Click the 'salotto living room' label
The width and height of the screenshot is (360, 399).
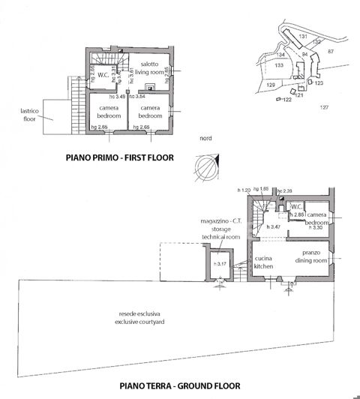click(148, 69)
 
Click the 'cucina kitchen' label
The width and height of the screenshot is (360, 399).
click(263, 262)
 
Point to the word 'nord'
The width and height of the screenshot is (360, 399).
click(205, 139)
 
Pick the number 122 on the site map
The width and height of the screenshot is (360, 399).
click(286, 100)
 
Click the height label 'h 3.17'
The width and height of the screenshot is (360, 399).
click(220, 263)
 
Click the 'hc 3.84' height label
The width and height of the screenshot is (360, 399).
click(138, 97)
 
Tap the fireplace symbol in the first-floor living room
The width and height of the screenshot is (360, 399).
click(151, 87)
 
